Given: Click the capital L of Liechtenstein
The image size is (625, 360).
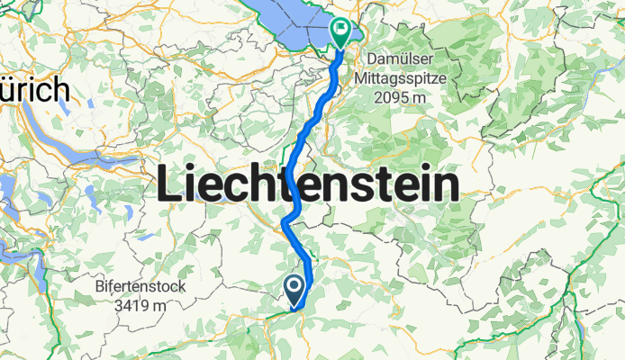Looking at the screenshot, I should (168, 185).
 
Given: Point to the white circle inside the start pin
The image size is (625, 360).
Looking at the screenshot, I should (295, 286).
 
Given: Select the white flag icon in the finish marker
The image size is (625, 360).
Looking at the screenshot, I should (342, 30).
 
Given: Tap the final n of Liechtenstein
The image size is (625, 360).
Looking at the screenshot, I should (446, 185).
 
